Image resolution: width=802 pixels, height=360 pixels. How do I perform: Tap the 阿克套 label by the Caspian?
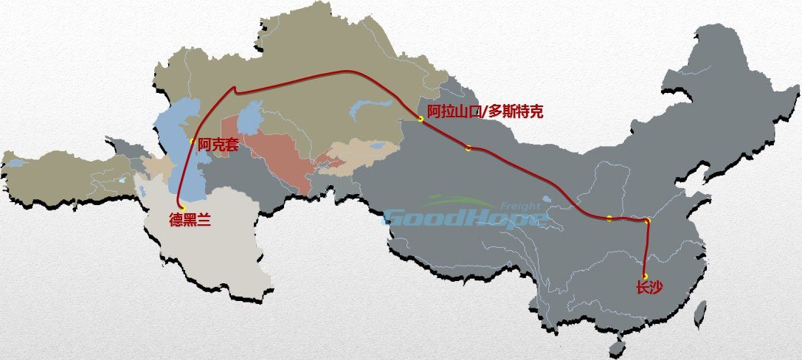point(218,146)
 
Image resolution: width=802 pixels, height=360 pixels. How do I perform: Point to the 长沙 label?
point(649,288)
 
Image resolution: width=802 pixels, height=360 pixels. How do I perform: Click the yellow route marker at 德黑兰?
point(182,208)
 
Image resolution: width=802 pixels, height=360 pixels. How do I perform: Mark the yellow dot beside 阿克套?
point(193,141)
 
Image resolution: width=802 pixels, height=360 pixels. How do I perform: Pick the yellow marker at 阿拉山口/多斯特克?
point(420,119)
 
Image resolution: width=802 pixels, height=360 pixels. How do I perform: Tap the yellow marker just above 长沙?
point(645,276)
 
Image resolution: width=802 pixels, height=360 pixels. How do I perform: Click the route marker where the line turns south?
point(647,221)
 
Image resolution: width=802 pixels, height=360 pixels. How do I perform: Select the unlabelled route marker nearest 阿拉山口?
point(469,148)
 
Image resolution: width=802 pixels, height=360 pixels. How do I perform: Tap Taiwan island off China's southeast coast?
point(701,310)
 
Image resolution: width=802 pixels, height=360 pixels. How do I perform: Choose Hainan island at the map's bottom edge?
point(619,347)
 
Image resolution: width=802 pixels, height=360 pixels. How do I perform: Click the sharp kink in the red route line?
point(235,88)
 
